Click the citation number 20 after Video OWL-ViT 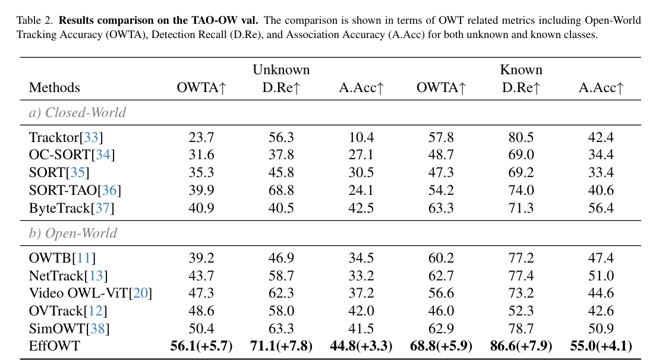pyautogui.click(x=141, y=293)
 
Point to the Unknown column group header pyautogui.click(x=281, y=70)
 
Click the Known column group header pyautogui.click(x=521, y=70)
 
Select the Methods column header pyautogui.click(x=54, y=88)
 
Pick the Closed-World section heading pyautogui.click(x=77, y=112)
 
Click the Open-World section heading pyautogui.click(x=73, y=233)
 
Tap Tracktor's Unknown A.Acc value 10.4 pyautogui.click(x=361, y=138)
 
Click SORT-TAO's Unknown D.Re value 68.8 pyautogui.click(x=281, y=191)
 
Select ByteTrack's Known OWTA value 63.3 pyautogui.click(x=441, y=209)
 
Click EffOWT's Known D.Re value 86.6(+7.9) pyautogui.click(x=521, y=346)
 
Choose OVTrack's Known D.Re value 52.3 pyautogui.click(x=521, y=311)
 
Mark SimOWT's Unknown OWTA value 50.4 pyautogui.click(x=202, y=329)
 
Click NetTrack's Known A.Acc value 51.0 pyautogui.click(x=601, y=276)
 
